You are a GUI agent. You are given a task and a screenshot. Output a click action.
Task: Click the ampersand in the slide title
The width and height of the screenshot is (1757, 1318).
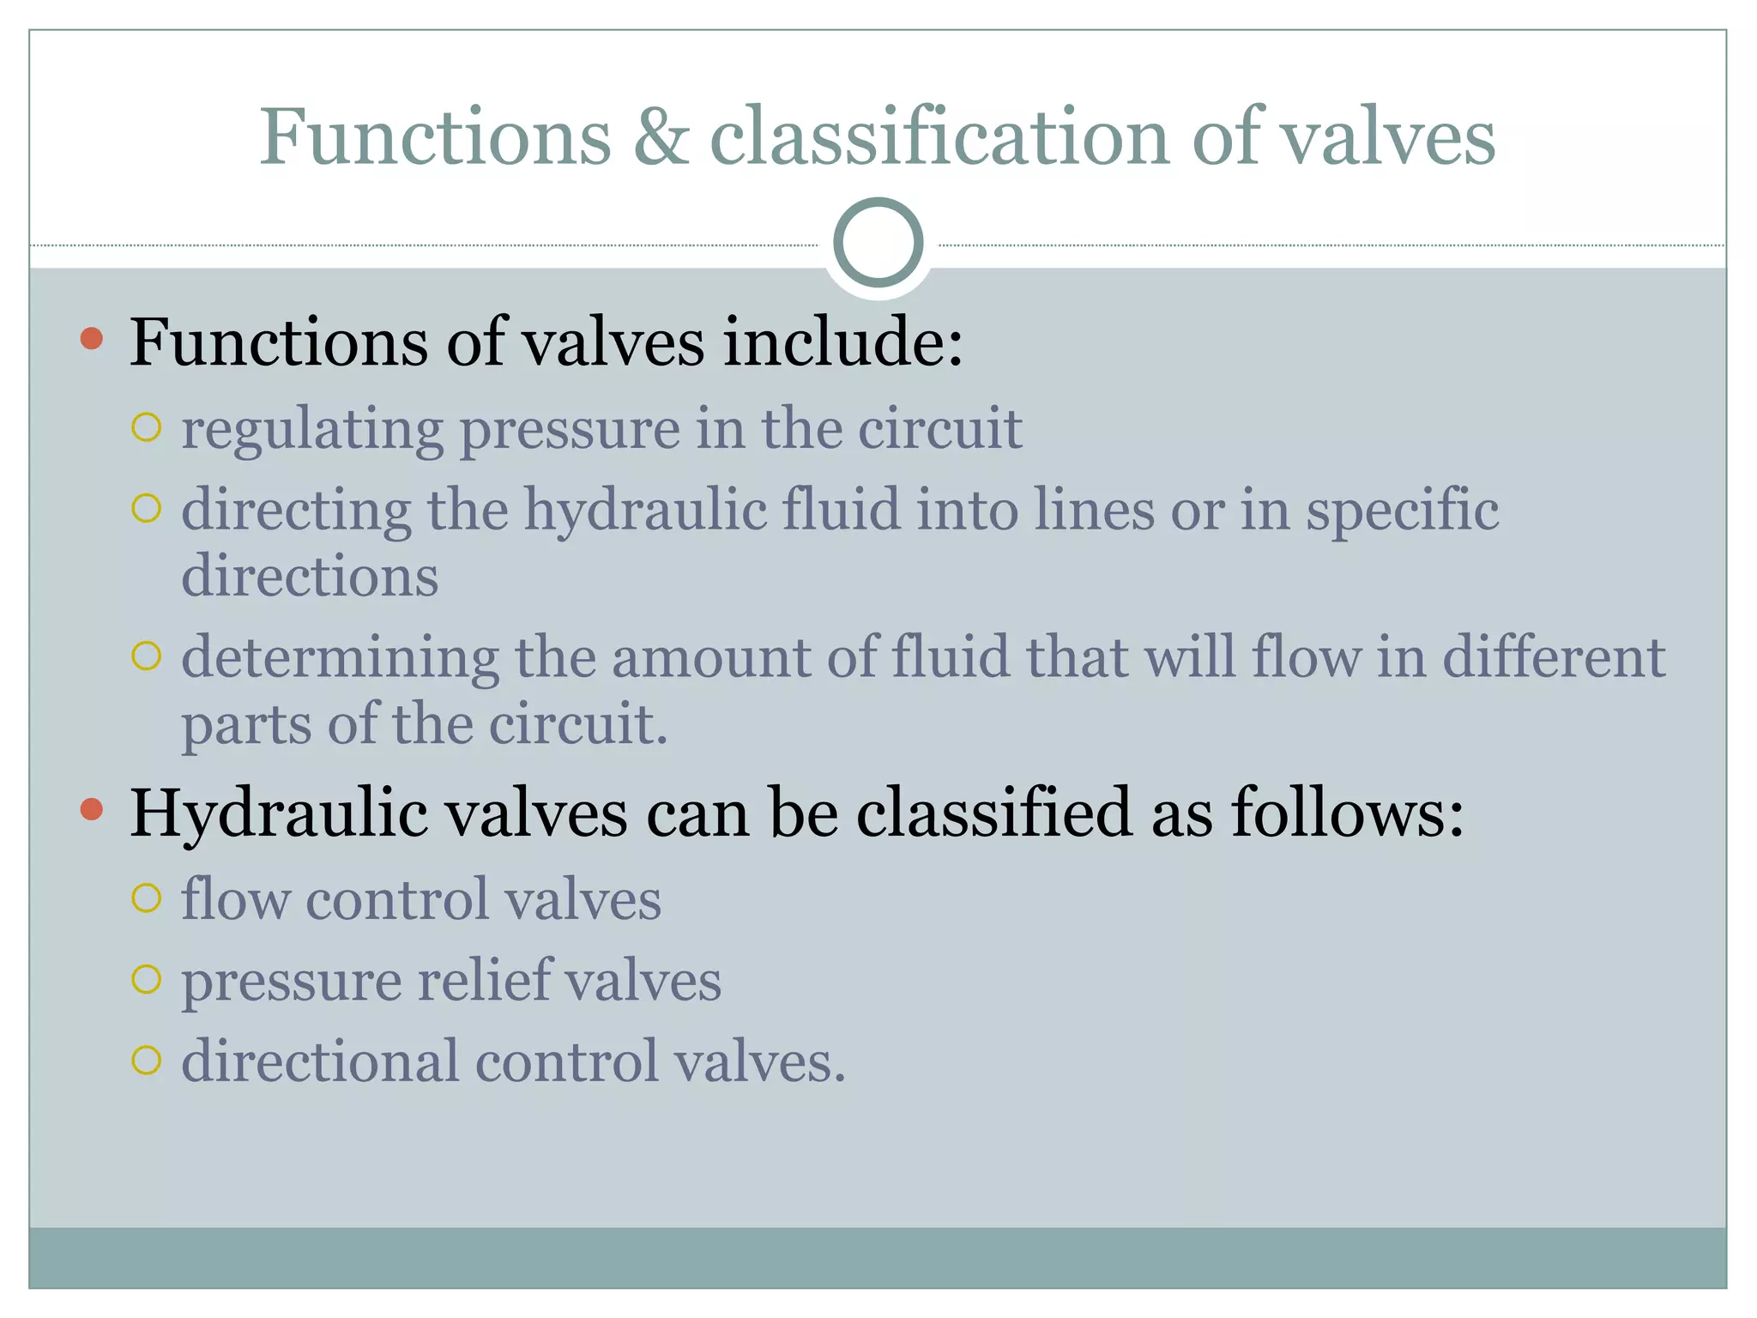coord(661,137)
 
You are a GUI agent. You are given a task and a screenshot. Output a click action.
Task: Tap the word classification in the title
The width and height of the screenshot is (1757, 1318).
coord(939,137)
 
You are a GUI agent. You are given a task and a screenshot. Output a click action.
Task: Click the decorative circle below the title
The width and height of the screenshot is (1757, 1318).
coord(878,243)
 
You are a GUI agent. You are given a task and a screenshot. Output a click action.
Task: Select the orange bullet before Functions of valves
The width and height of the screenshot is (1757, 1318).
coord(92,339)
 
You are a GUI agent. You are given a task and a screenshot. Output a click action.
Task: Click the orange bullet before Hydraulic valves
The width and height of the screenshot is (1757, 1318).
coord(92,809)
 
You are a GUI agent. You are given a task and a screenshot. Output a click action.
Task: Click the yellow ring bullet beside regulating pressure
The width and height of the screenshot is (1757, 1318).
coord(147,427)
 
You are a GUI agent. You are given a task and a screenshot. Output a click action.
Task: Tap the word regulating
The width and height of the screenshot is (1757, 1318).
coord(311,429)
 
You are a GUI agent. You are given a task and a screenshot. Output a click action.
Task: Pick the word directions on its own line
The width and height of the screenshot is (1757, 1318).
coord(310,576)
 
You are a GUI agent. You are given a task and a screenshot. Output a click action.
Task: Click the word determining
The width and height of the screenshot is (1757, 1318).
coord(340,659)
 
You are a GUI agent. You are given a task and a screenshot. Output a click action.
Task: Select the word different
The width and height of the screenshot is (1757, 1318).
coord(1554,657)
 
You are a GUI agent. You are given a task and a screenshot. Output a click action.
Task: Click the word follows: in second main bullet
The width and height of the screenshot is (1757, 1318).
coord(1348,812)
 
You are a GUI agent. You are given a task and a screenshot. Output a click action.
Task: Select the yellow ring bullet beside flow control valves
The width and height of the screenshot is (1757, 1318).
coord(147,898)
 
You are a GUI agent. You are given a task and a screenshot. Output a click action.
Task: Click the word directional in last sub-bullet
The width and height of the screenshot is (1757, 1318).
coord(320,1061)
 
